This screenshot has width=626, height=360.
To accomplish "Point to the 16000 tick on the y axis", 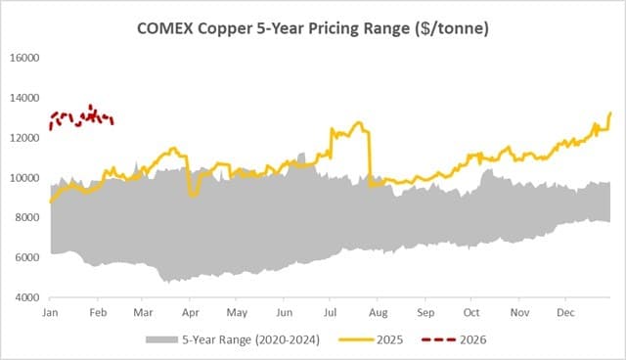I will [x=22, y=58].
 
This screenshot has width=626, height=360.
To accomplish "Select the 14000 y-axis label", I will [x=22, y=98].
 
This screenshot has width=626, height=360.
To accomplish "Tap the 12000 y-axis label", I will [x=22, y=138].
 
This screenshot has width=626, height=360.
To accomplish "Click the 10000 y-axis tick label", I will [x=22, y=178].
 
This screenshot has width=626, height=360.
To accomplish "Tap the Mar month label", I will [x=144, y=312].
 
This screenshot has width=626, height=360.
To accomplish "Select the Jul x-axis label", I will [x=332, y=312].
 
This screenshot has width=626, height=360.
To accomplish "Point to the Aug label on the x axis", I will [x=380, y=312].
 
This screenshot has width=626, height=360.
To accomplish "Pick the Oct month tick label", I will [x=472, y=312].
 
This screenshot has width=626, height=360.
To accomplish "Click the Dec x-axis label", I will [x=565, y=312].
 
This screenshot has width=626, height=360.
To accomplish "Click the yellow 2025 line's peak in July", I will [x=359, y=122].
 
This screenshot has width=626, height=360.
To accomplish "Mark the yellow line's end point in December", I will [x=611, y=113].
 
